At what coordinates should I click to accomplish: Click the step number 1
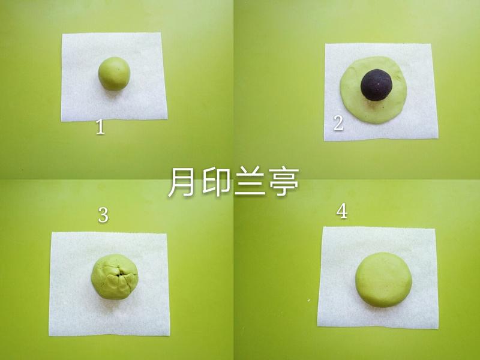click(x=100, y=127)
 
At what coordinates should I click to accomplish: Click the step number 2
click(x=338, y=124)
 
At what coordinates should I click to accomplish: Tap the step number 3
click(x=103, y=215)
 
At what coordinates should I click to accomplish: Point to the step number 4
click(x=342, y=212)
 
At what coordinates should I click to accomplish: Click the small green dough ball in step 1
click(x=114, y=74)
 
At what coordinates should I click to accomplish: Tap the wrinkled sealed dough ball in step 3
click(x=114, y=277)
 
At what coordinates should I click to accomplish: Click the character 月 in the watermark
click(x=181, y=182)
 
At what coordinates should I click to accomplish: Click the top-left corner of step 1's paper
click(x=63, y=34)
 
